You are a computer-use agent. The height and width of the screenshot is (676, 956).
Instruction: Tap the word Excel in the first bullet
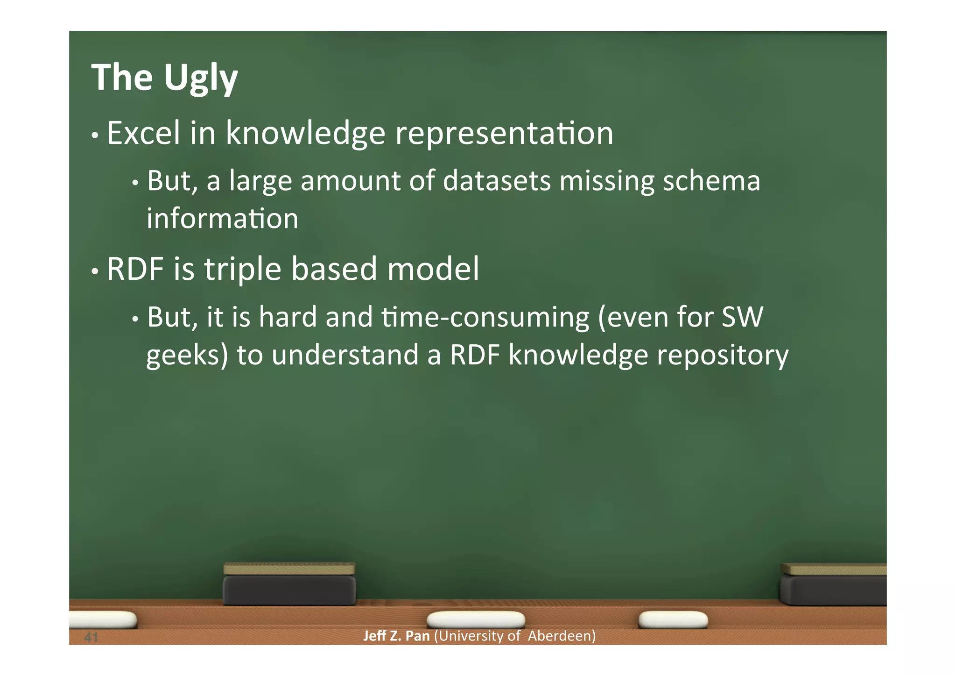[143, 134]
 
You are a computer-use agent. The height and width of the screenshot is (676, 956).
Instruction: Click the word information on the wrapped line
[222, 219]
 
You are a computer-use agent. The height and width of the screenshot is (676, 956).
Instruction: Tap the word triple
[243, 270]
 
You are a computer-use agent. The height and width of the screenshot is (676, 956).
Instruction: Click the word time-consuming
[485, 317]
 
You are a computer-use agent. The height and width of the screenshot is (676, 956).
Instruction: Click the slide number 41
[91, 637]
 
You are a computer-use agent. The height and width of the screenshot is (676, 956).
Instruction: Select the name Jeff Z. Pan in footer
[396, 636]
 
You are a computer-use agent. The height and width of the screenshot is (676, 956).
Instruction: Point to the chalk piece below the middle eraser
[476, 619]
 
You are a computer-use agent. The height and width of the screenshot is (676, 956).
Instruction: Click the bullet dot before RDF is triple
[95, 271]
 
